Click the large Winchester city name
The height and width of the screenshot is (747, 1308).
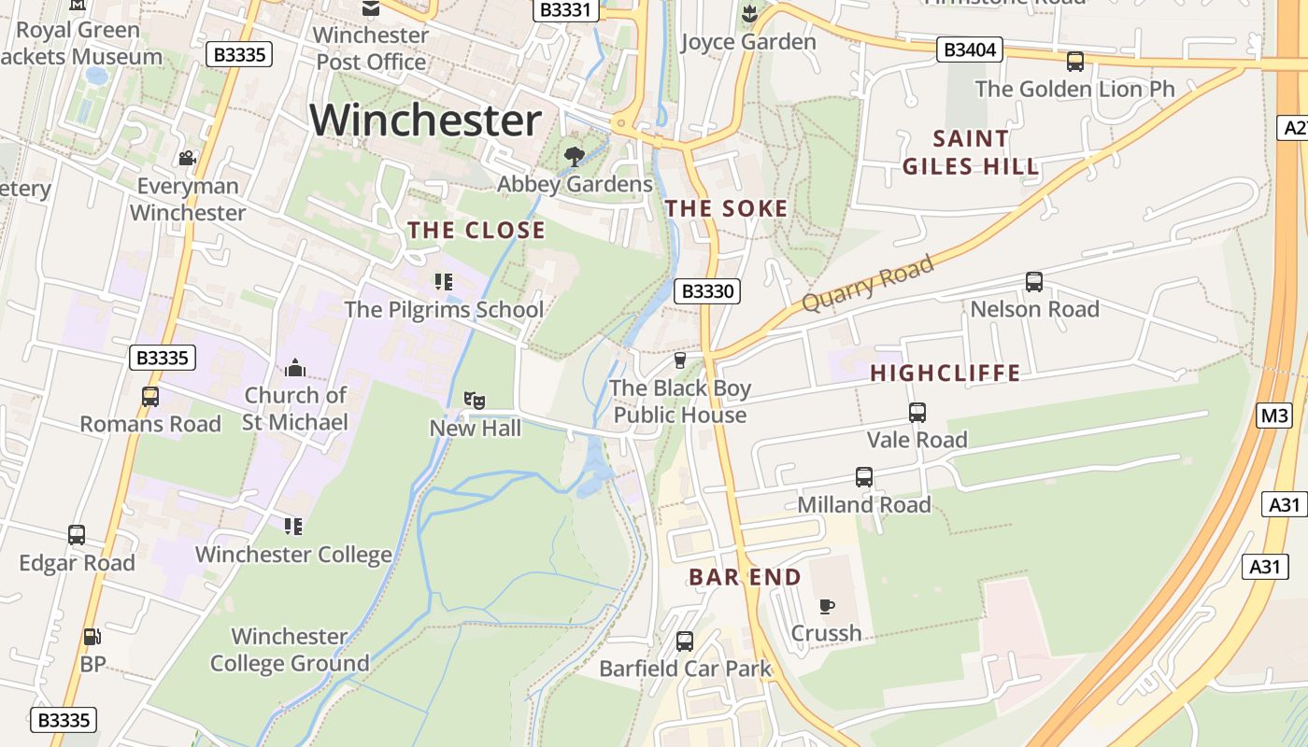(425, 120)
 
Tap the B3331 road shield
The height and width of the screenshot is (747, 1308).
(566, 9)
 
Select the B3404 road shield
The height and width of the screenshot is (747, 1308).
(969, 49)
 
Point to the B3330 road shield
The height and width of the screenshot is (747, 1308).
(707, 291)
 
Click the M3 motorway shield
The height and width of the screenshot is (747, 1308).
(1274, 416)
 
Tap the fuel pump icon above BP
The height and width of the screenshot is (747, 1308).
(92, 637)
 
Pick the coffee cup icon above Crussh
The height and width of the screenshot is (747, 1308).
(826, 607)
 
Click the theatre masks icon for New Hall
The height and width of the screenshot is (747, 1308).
(475, 401)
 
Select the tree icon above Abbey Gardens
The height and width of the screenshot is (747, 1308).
(575, 156)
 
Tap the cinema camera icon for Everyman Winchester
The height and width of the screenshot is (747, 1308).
(187, 158)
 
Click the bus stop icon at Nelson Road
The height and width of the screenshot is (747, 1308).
(1033, 282)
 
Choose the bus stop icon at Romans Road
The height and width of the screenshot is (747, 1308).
(149, 397)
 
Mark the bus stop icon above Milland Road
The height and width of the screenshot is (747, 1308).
(863, 477)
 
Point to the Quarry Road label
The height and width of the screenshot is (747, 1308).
(868, 283)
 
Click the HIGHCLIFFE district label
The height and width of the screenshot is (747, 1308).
(945, 373)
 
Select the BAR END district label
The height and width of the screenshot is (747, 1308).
(745, 577)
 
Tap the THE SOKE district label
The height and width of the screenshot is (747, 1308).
(726, 209)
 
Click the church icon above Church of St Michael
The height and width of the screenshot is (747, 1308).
(295, 368)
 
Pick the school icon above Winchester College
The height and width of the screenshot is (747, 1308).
(293, 527)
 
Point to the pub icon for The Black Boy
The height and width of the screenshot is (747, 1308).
(680, 360)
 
